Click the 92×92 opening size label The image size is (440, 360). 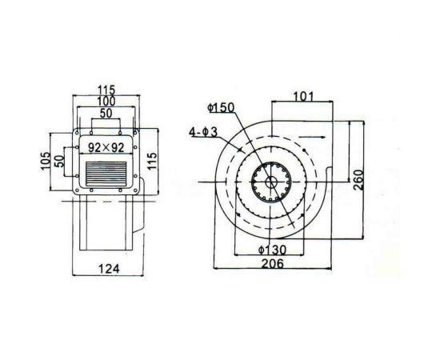tap(106, 147)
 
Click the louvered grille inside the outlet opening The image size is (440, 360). tap(106, 170)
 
